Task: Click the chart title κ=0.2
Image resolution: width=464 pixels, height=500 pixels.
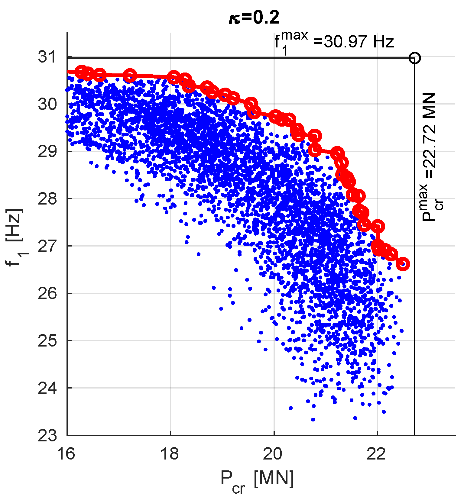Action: click(x=254, y=18)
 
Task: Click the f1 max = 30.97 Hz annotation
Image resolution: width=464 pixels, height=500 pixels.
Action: click(x=334, y=42)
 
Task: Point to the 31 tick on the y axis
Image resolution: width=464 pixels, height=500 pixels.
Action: click(x=47, y=57)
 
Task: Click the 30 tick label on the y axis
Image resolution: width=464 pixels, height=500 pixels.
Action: click(x=47, y=104)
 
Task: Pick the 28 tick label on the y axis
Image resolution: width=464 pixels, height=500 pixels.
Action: click(x=47, y=199)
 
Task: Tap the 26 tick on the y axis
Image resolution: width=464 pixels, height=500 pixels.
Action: click(x=47, y=293)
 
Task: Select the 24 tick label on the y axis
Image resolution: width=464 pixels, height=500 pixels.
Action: click(x=47, y=388)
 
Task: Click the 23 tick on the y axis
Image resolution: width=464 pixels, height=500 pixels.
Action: click(x=47, y=435)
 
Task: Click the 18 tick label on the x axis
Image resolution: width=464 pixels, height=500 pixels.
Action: click(x=170, y=453)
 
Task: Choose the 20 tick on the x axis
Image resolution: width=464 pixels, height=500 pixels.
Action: click(x=274, y=453)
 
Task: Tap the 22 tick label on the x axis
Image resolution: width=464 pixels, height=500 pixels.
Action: click(x=377, y=453)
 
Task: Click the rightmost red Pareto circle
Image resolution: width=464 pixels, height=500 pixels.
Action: click(x=403, y=264)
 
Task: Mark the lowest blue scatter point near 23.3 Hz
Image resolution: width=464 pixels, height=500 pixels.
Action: click(x=313, y=419)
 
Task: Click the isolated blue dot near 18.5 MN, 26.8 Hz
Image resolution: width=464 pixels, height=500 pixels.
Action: click(x=198, y=254)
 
